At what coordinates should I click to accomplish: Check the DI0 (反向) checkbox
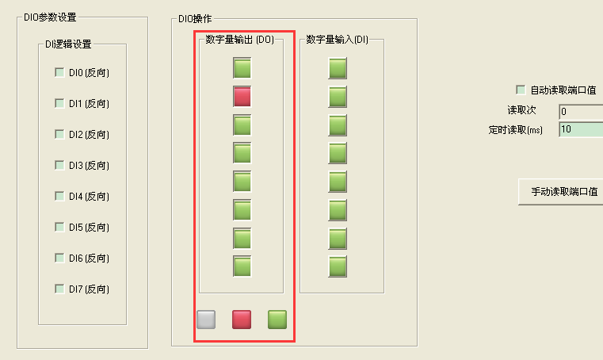59,72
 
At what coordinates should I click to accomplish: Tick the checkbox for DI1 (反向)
59,103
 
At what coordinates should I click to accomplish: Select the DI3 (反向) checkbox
59,165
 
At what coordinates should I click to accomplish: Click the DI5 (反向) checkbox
59,227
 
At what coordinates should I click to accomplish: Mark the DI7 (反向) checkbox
59,288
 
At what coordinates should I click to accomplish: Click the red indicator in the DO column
242,97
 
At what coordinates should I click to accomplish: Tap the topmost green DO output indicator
242,68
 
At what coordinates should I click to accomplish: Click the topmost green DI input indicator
338,68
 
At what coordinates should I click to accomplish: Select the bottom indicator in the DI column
338,266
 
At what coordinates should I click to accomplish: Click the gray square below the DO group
206,320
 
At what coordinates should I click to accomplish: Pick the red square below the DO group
242,320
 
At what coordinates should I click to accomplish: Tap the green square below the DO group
277,320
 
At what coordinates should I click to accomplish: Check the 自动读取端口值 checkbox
521,90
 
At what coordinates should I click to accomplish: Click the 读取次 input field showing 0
580,111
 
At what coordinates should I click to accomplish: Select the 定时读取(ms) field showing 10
580,129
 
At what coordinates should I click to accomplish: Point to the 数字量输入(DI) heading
337,40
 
